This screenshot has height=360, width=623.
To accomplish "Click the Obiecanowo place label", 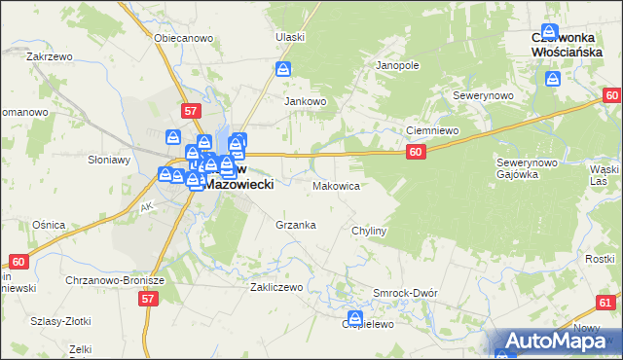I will click(184, 38).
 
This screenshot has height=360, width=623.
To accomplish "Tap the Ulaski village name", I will click(290, 37).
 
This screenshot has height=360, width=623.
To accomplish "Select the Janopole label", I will click(397, 65).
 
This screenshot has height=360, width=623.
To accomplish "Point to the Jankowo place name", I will click(304, 100).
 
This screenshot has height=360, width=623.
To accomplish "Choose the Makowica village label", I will click(337, 185).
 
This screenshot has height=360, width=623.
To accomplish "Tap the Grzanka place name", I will click(296, 225).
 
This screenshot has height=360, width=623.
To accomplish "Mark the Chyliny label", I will click(370, 231).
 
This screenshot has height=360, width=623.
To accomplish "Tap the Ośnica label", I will click(49, 225).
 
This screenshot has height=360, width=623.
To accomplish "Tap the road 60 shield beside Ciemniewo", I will click(416, 152).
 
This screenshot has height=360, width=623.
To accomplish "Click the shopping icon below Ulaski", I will click(283, 70).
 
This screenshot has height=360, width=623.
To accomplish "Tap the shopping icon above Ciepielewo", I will click(355, 317).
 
